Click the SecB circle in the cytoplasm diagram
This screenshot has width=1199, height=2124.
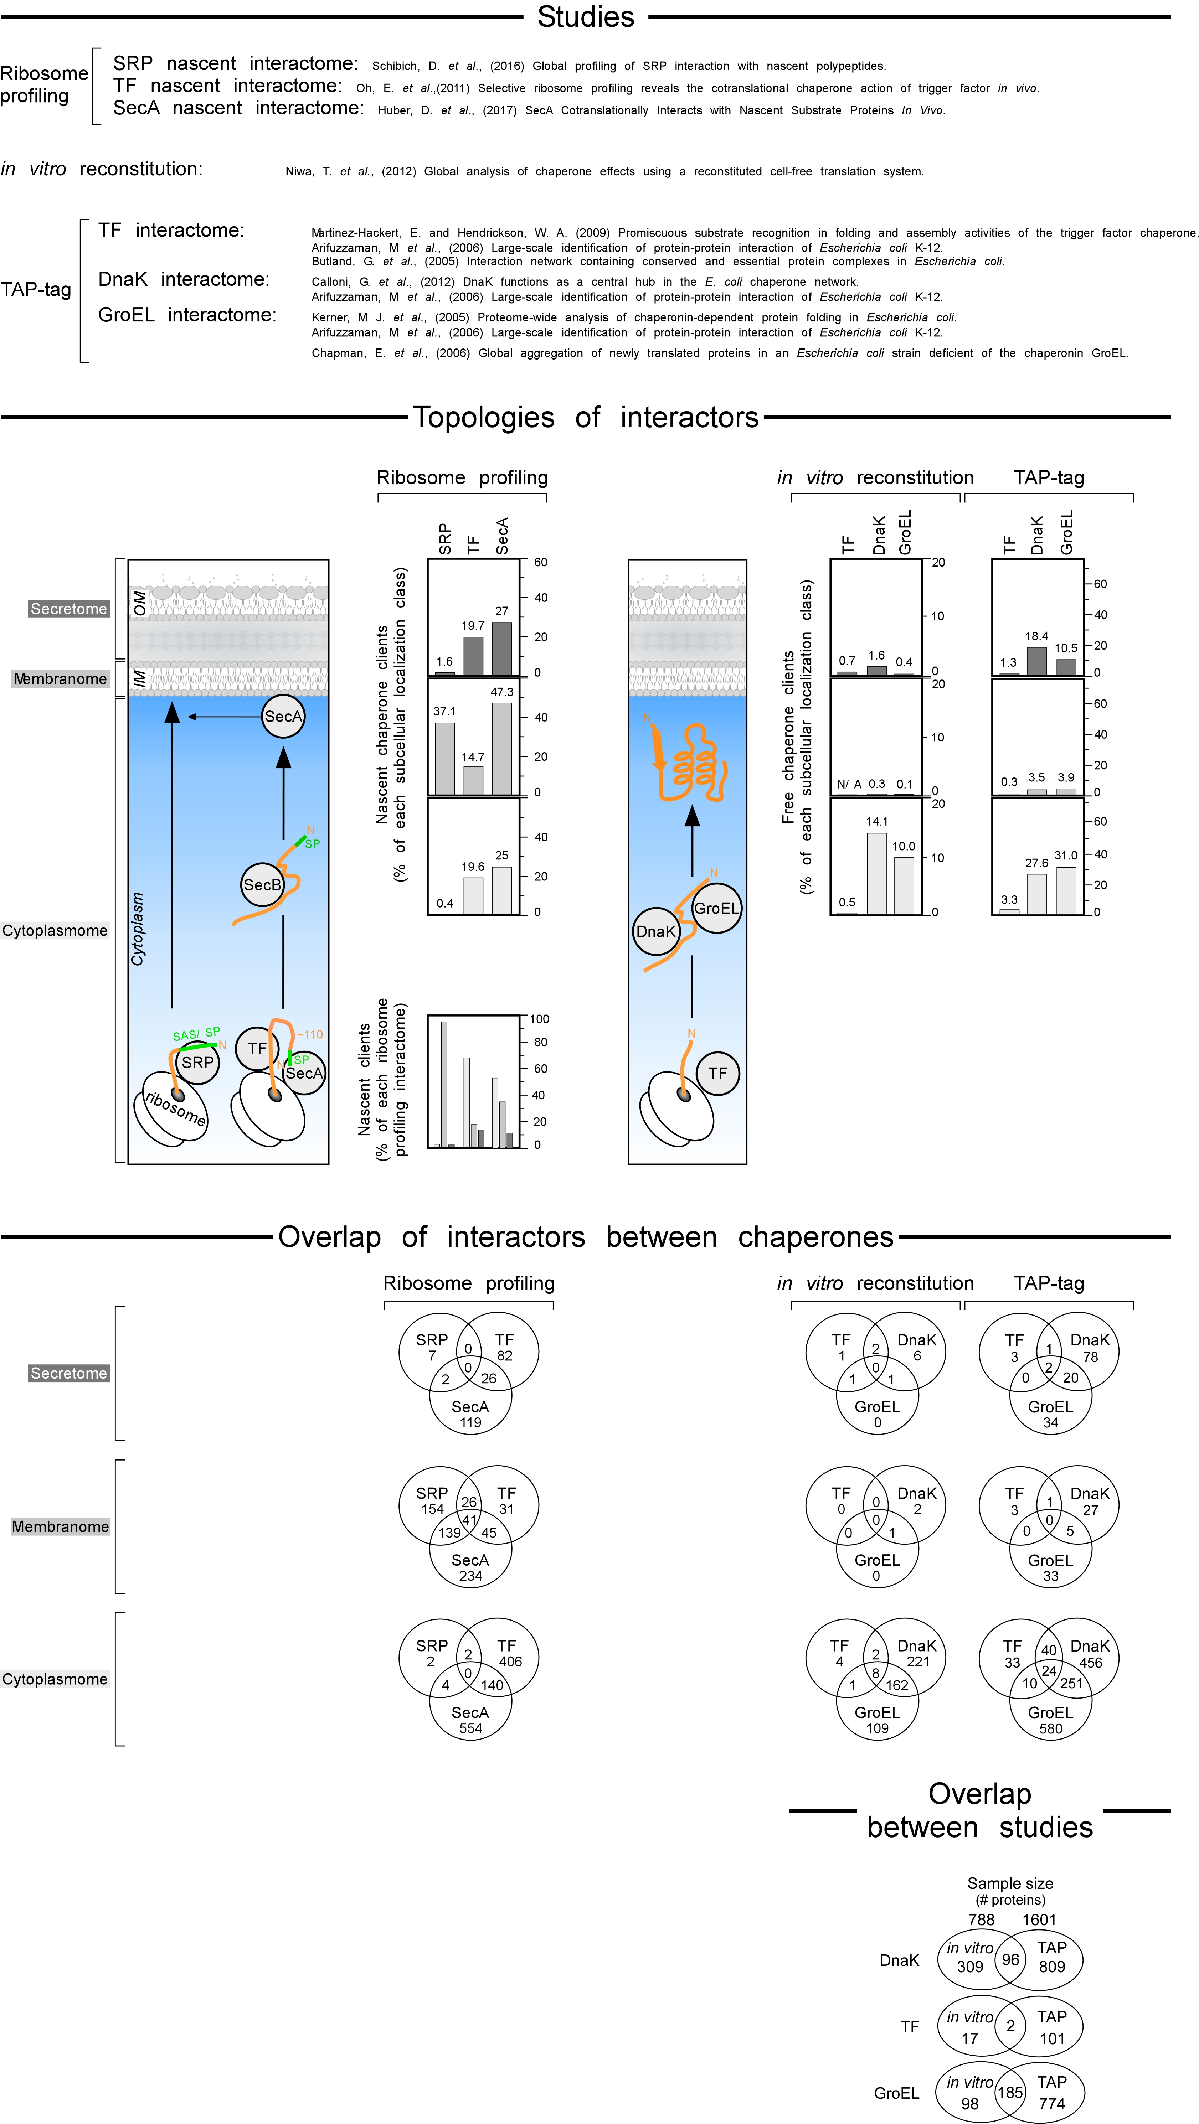262,885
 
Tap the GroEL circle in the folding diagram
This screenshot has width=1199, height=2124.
716,908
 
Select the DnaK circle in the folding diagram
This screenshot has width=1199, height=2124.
655,931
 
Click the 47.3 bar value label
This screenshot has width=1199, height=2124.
501,692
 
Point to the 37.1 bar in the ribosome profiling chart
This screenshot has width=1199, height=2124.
444,759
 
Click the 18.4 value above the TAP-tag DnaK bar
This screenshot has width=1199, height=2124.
1036,636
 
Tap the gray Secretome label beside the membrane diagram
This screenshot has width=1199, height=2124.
68,609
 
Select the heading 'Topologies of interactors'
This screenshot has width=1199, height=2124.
586,417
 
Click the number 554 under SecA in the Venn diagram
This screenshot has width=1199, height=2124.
470,1728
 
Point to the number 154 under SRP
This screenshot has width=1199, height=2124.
432,1509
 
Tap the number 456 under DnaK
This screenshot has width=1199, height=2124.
1090,1662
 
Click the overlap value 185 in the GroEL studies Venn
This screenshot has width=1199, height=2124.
1010,2092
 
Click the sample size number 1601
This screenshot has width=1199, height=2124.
1039,1919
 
